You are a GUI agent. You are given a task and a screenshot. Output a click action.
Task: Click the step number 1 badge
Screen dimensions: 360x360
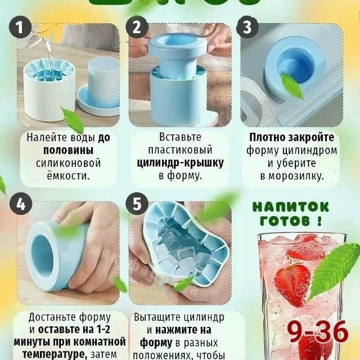(21, 28)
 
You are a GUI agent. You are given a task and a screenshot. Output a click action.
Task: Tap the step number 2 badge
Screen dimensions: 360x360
(137, 28)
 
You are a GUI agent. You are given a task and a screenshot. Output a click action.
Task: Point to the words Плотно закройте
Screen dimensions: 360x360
(292, 137)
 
